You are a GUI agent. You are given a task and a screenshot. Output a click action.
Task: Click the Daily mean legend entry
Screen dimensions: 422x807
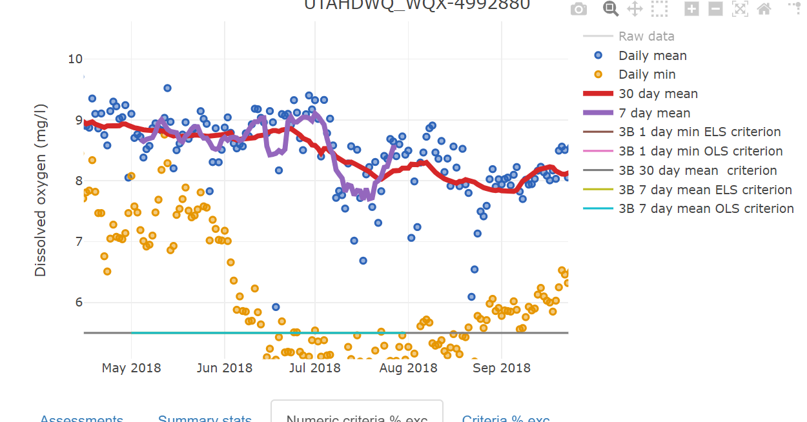(x=652, y=55)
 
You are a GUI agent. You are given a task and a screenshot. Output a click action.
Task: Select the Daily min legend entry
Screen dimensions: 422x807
(x=647, y=74)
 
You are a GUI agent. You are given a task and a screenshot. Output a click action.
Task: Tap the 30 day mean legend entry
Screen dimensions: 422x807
(x=658, y=94)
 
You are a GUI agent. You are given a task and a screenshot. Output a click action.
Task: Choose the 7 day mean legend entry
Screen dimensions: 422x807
(x=654, y=113)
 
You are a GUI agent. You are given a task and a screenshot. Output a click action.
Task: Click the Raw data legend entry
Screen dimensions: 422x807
(x=646, y=36)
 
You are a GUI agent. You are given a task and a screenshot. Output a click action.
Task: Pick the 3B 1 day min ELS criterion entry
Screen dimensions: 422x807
(x=699, y=132)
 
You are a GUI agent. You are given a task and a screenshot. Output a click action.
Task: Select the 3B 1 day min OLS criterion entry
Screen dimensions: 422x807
(x=700, y=151)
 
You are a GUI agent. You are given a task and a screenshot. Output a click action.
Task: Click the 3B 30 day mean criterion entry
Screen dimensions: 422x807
(x=697, y=170)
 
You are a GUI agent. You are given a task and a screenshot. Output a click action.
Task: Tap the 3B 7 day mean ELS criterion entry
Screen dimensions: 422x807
(x=705, y=190)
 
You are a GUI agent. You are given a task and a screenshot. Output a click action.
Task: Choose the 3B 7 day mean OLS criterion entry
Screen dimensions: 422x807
(x=706, y=208)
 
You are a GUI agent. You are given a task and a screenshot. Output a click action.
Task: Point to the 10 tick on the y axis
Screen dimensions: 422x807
(x=75, y=59)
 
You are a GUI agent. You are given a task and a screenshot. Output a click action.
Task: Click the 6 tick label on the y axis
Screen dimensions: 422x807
(x=79, y=302)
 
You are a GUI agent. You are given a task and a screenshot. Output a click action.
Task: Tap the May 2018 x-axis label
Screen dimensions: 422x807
(x=132, y=368)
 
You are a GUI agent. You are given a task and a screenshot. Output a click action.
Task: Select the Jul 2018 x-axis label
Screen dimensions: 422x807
(x=315, y=368)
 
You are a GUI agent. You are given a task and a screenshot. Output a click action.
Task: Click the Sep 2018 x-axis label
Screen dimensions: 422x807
(x=502, y=368)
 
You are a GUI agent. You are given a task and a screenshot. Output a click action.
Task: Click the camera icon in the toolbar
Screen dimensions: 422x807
(x=579, y=8)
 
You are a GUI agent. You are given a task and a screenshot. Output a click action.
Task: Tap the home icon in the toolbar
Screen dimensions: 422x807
(x=764, y=8)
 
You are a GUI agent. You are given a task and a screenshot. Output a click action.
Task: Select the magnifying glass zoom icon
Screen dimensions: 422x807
(x=611, y=8)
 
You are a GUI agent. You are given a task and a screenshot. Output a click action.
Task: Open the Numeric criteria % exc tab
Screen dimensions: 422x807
(x=356, y=416)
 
